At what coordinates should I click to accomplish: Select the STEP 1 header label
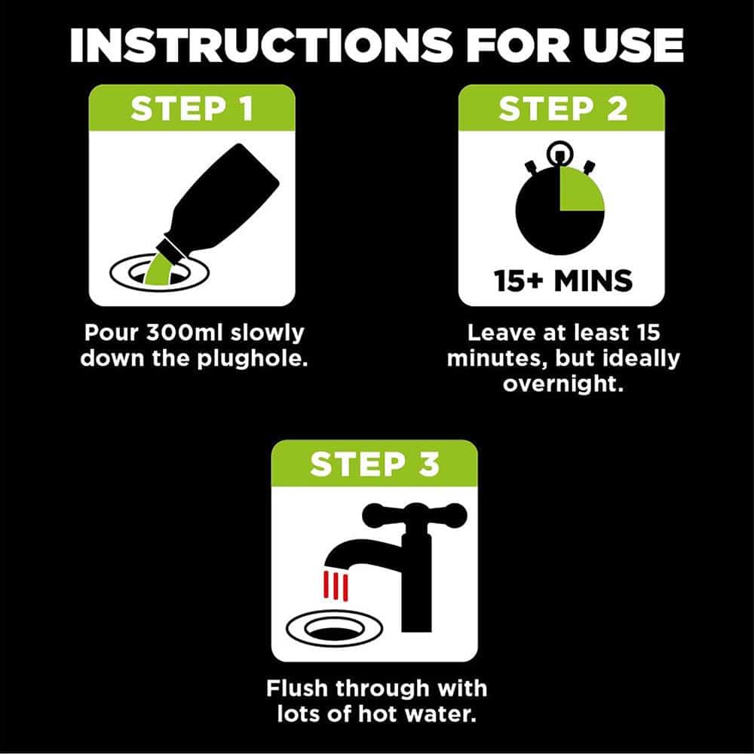pos(192,109)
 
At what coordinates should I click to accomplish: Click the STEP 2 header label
pos(562,109)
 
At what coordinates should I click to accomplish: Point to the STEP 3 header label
pos(375,464)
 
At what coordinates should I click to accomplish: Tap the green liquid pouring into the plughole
pos(158,270)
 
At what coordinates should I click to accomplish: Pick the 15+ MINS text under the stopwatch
pos(562,280)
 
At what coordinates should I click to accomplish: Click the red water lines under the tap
pos(336,586)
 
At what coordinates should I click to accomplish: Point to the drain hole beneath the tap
pos(335,629)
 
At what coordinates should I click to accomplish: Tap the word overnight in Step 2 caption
pos(562,384)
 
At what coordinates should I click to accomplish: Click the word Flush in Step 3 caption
pos(296,688)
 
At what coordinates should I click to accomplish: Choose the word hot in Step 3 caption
pos(379,713)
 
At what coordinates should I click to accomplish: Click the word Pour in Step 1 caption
pos(111,333)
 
